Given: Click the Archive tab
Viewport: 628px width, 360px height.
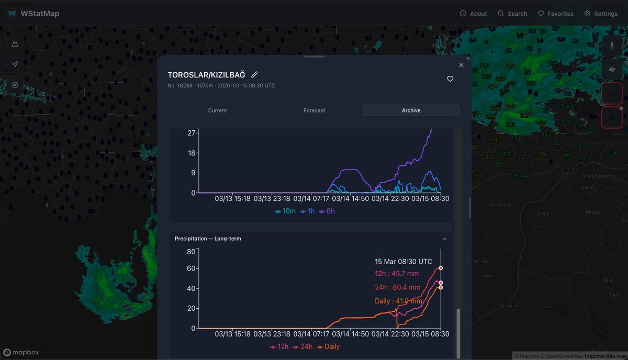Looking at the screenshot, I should point(411,110).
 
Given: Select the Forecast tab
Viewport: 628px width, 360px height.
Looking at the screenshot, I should point(314,110).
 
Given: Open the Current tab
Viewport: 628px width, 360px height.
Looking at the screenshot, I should point(217,110).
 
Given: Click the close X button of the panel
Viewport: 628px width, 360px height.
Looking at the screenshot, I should point(461,65).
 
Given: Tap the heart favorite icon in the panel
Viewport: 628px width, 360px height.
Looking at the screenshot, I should point(450,79).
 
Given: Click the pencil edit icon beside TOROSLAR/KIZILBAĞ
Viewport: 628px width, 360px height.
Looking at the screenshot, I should point(254,75).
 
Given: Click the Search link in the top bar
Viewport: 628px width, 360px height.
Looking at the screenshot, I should point(512,14).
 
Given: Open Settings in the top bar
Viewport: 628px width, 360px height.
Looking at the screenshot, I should point(601,14).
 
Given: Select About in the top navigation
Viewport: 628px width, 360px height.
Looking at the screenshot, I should point(473,14).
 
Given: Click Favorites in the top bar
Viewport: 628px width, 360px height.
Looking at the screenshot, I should point(556,14).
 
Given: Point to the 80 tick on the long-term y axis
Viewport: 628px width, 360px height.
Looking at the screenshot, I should point(190,251).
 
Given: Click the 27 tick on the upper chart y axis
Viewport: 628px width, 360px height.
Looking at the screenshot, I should point(191,133).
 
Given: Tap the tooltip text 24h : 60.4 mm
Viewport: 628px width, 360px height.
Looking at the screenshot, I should point(398,287).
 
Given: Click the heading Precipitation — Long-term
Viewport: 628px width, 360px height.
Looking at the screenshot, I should point(208,239).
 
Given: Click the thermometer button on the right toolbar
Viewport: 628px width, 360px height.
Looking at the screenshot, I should point(612,46).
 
